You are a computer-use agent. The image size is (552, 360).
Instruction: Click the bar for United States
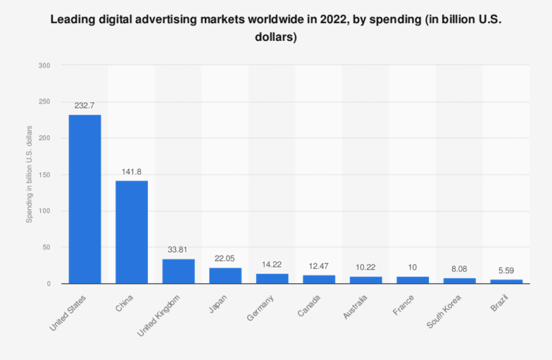(x=85, y=199)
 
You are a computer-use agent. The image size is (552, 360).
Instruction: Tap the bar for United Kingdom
(x=178, y=271)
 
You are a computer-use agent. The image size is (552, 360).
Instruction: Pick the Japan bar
(x=225, y=275)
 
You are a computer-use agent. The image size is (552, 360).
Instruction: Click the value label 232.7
(x=85, y=105)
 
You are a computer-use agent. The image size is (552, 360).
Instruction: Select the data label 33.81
(x=178, y=249)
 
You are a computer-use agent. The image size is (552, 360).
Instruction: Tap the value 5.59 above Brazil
(x=506, y=270)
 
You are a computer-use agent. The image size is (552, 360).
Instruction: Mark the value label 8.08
(x=459, y=268)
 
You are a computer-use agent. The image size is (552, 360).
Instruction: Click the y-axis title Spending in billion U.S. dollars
(x=29, y=175)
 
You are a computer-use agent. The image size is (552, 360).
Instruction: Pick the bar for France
(x=413, y=280)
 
